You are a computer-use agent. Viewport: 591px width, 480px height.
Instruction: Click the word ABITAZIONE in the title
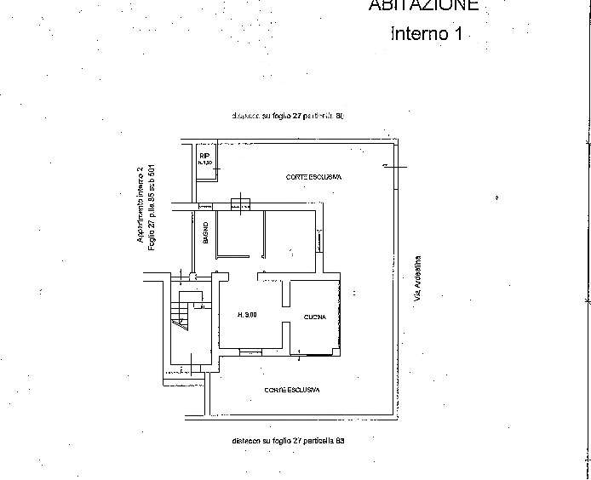423,5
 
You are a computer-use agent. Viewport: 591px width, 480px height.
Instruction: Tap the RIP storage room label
204,157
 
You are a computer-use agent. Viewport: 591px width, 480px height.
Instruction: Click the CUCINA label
315,318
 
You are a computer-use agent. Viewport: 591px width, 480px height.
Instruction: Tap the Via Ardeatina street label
417,282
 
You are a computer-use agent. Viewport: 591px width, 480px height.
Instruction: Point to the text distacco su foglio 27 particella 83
287,441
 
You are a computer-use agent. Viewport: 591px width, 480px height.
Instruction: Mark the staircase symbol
180,317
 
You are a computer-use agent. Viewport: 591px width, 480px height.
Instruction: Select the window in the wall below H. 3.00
251,351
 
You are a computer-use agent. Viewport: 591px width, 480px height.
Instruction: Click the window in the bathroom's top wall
204,206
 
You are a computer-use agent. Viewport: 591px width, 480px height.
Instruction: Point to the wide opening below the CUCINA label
317,351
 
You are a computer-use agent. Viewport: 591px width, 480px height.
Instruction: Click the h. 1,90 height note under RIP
204,163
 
